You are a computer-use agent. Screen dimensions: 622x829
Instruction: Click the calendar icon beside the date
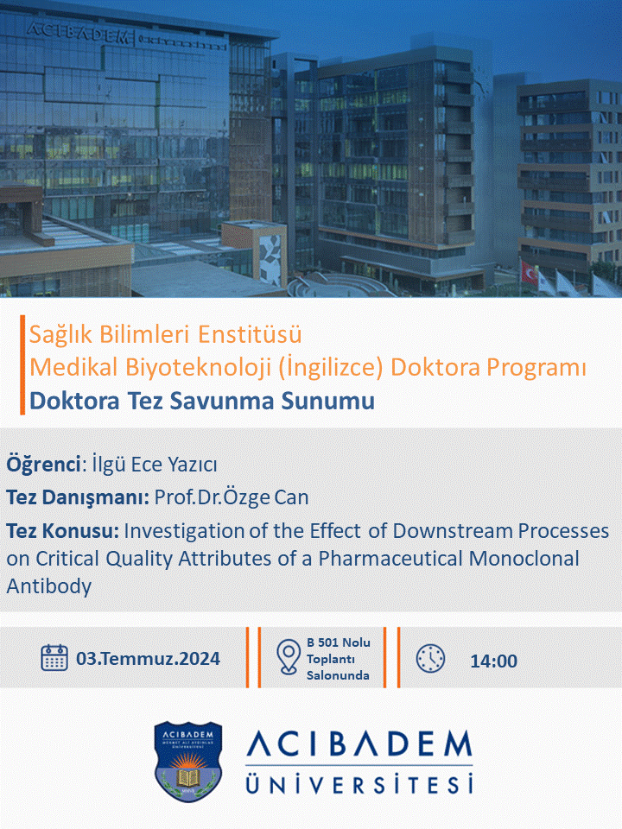pos(54,658)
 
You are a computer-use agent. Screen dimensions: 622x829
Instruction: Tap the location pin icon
pos(289,657)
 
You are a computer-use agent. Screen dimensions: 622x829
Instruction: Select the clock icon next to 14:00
pos(430,659)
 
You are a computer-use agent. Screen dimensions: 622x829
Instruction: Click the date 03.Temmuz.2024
pos(148,659)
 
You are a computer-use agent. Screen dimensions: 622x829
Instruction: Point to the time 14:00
pos(493,661)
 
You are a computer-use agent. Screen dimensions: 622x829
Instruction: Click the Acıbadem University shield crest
pos(187,762)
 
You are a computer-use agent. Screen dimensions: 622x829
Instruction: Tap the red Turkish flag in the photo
pos(529,272)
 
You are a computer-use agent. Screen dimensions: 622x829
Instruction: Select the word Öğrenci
pos(43,465)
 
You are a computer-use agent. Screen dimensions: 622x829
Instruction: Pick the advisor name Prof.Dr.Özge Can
pos(232,497)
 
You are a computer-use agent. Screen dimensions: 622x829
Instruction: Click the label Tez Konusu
pos(63,531)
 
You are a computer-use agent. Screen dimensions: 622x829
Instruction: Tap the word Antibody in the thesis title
pos(48,586)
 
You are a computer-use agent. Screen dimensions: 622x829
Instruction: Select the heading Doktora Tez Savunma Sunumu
pos(202,401)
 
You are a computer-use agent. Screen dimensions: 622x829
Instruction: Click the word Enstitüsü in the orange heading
pos(251,334)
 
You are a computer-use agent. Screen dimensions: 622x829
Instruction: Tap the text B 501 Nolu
pos(339,642)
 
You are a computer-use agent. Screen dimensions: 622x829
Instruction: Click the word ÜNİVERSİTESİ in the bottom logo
pos(359,784)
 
